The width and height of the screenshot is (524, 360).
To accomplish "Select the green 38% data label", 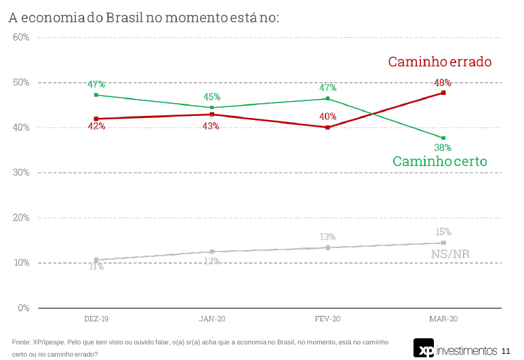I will tap(443, 147).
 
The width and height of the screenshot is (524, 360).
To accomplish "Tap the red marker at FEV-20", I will tap(327, 127).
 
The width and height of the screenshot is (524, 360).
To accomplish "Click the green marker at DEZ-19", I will tap(96, 95).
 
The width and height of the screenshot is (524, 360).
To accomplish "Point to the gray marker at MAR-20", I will tap(443, 243).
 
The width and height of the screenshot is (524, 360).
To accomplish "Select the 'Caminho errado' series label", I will tap(439, 62).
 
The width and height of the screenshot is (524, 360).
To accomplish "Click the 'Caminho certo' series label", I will tap(439, 161).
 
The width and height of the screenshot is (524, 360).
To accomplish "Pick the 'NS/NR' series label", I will tap(450, 254).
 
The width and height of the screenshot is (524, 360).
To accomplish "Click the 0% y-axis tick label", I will tap(23, 308).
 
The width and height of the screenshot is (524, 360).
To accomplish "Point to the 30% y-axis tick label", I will tap(21, 173).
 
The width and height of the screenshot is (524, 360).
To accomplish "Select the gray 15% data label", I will tap(443, 231).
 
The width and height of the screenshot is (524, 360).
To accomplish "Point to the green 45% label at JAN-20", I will tap(212, 97).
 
